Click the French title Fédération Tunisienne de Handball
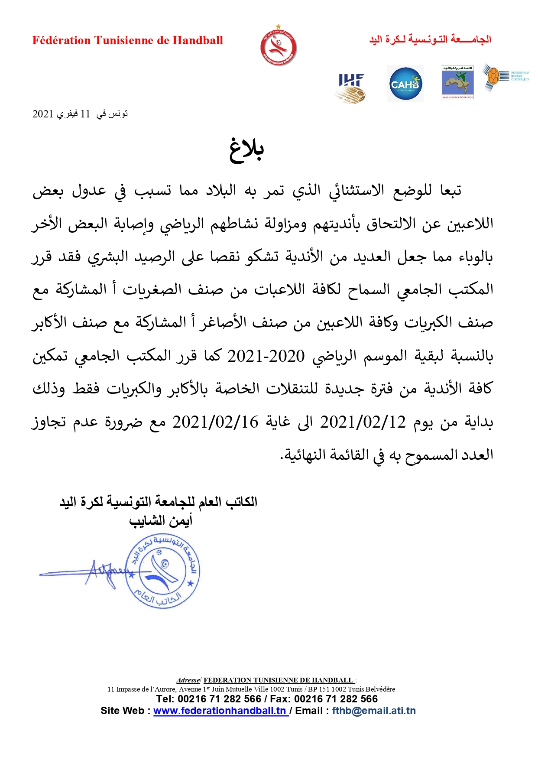127,41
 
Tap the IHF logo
351,88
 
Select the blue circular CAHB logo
405,84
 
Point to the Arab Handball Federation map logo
457,83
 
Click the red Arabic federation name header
430,39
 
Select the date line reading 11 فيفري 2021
80,114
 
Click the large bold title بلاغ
246,150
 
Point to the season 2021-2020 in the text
266,356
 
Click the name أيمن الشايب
160,520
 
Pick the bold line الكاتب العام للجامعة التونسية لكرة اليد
159,502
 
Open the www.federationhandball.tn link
220,711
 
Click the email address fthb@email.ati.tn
374,711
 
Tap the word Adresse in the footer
188,680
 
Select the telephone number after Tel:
220,699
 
